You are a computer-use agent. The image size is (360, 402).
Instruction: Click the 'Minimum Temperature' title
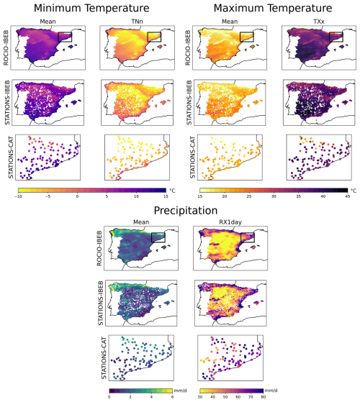91,8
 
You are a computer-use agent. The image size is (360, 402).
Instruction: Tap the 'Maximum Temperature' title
273,8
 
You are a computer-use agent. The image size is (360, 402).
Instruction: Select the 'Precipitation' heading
186,211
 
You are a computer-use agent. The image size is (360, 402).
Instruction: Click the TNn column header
137,22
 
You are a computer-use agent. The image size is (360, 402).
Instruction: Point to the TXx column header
319,22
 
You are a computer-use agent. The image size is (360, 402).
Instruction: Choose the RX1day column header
230,222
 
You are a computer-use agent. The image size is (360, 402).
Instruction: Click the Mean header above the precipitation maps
141,222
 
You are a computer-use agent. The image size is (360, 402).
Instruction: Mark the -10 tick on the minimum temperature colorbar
18,196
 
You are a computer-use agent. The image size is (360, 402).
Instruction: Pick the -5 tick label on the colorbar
48,196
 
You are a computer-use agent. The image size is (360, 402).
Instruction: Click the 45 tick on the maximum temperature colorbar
348,196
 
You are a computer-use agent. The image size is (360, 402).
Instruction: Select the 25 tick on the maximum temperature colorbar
249,196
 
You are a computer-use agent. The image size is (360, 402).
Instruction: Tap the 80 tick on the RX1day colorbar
263,397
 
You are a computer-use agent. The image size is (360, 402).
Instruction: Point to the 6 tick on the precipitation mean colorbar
172,397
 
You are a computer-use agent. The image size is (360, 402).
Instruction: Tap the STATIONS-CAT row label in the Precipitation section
104,358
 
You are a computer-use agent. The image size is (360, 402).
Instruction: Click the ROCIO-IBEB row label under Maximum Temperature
188,47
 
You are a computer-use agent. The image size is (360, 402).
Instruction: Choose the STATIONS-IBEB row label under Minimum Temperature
7,103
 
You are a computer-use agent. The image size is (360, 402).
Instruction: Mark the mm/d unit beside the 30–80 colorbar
271,390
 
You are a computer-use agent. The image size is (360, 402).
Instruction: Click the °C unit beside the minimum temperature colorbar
172,191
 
